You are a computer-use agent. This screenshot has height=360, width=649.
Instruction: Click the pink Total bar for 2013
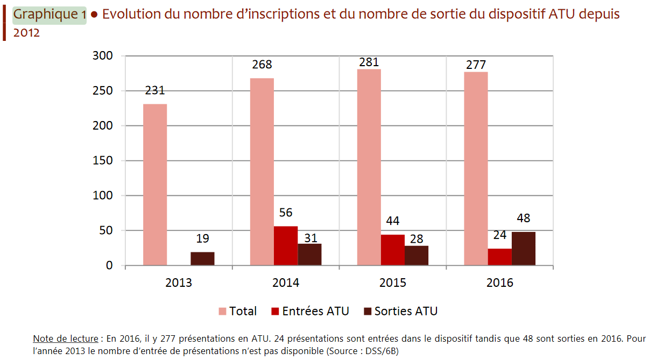[x=155, y=185]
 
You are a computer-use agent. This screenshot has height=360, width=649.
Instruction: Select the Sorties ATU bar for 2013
[x=202, y=258]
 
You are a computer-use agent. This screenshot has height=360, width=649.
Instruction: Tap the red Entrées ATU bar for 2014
[x=286, y=246]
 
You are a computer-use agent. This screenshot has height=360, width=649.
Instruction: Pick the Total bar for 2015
[x=369, y=167]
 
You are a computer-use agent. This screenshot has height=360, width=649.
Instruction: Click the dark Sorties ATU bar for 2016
[x=524, y=249]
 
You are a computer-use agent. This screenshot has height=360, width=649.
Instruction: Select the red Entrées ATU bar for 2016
[x=500, y=257]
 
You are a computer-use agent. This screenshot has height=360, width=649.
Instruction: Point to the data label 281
[x=369, y=62]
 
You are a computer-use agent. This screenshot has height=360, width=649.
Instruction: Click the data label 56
[x=286, y=213]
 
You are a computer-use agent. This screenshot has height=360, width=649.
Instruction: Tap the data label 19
[x=202, y=238]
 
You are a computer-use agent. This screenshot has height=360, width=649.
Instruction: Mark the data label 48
[x=523, y=218]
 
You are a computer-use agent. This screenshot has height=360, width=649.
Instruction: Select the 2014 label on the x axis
[x=285, y=283]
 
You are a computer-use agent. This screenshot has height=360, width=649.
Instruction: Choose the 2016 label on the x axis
[x=500, y=283]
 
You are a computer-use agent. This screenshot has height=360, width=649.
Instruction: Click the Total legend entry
[x=237, y=311]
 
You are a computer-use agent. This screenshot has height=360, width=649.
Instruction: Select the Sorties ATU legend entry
[x=400, y=311]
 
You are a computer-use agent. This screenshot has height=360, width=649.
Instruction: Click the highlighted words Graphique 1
[x=50, y=15]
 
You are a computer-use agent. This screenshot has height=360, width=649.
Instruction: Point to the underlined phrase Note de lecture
[x=65, y=338]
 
